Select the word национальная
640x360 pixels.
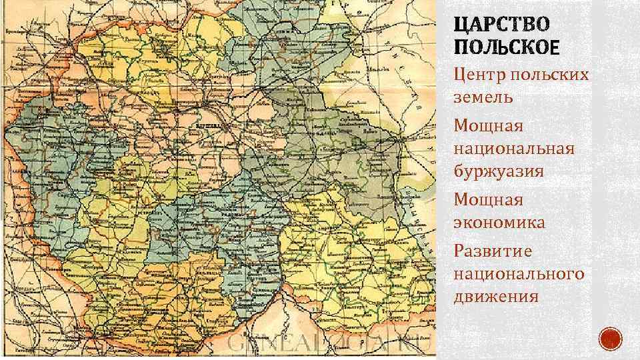point(513,148)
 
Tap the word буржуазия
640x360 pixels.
point(498,171)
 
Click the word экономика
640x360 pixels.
point(499,222)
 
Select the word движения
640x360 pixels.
point(495,295)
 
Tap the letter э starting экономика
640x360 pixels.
point(458,223)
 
